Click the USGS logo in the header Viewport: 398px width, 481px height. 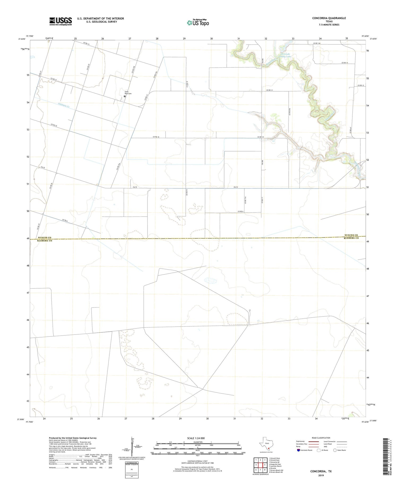(x=60, y=21)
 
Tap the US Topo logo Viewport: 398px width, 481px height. (x=198, y=23)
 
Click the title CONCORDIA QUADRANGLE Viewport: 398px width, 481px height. (x=329, y=18)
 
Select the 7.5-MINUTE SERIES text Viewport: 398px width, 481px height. (x=329, y=25)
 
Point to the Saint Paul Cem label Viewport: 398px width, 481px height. (x=128, y=93)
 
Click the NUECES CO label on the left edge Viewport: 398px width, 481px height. (x=44, y=238)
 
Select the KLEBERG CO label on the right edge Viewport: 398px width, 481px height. (x=351, y=238)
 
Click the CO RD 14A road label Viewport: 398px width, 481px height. (x=317, y=43)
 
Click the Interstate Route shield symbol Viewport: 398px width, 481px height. (x=298, y=450)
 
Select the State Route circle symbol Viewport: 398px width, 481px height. (x=335, y=450)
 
